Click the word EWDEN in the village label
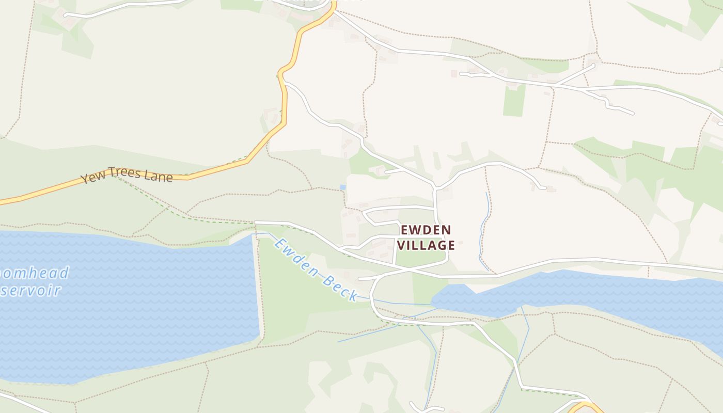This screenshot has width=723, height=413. click(x=426, y=230)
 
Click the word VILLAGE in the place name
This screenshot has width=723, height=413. click(x=426, y=245)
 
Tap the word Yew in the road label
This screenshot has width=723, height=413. click(x=91, y=178)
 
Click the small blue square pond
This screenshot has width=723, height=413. click(x=342, y=187)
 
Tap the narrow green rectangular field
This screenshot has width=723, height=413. click(x=514, y=100)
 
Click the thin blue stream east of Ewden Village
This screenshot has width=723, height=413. click(x=484, y=227)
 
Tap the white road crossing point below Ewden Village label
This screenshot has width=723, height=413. click(x=408, y=270)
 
